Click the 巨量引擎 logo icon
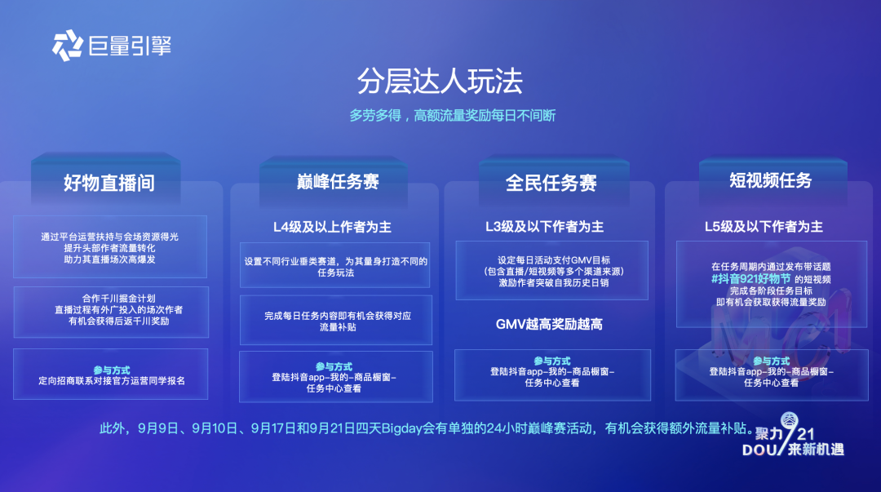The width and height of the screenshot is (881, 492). pyautogui.click(x=68, y=46)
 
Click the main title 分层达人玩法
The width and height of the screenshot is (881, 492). pyautogui.click(x=440, y=81)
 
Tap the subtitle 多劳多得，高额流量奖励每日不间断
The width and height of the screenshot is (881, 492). pyautogui.click(x=452, y=116)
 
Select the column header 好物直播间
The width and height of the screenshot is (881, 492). pyautogui.click(x=109, y=183)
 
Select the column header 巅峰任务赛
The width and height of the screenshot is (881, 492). pyautogui.click(x=338, y=182)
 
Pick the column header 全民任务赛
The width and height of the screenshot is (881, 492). pyautogui.click(x=551, y=183)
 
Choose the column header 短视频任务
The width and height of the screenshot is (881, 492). pyautogui.click(x=771, y=180)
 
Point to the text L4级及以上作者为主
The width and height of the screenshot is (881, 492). pyautogui.click(x=332, y=227)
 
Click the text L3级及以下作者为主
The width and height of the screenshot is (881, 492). pyautogui.click(x=544, y=227)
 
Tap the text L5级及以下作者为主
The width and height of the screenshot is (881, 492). pyautogui.click(x=764, y=227)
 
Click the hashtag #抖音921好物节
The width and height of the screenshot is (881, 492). pyautogui.click(x=750, y=279)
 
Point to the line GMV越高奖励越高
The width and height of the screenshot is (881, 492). pyautogui.click(x=549, y=325)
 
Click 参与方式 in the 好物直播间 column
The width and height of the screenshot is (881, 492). pyautogui.click(x=111, y=370)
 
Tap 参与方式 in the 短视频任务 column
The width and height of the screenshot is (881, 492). pyautogui.click(x=771, y=361)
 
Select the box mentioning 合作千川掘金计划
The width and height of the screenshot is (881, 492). pyautogui.click(x=111, y=312)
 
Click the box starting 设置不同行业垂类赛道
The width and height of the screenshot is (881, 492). pyautogui.click(x=335, y=265)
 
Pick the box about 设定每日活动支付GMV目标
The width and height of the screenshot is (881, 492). pyautogui.click(x=551, y=270)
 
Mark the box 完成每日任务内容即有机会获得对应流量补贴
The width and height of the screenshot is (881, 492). pyautogui.click(x=336, y=320)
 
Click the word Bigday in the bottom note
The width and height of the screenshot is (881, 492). pyautogui.click(x=401, y=428)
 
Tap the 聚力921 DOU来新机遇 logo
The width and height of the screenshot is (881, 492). pyautogui.click(x=793, y=435)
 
